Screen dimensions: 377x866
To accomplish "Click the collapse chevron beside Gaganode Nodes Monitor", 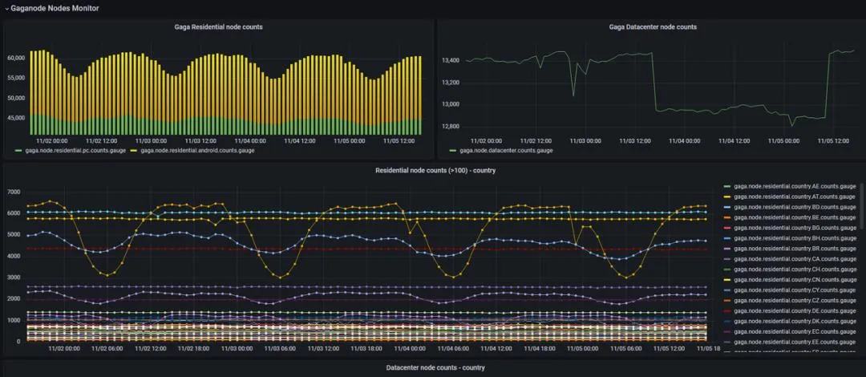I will pyautogui.click(x=6, y=8).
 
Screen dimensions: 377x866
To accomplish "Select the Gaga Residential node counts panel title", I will pyautogui.click(x=218, y=27).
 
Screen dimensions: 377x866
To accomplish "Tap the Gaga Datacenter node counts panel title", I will pyautogui.click(x=653, y=27).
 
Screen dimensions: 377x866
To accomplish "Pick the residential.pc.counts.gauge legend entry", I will pyautogui.click(x=73, y=150).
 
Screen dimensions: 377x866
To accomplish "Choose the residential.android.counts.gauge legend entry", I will pyautogui.click(x=197, y=150).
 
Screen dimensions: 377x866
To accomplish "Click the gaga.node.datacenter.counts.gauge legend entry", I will pyautogui.click(x=504, y=150).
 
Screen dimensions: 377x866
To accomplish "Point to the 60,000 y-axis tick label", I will pyautogui.click(x=18, y=59).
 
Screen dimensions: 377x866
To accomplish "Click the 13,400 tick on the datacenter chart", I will pyautogui.click(x=451, y=60).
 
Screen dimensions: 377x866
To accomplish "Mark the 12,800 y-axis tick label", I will pyautogui.click(x=451, y=127).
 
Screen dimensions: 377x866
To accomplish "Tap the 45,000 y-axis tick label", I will pyautogui.click(x=18, y=118).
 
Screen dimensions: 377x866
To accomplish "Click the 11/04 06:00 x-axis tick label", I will pyautogui.click(x=453, y=349).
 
